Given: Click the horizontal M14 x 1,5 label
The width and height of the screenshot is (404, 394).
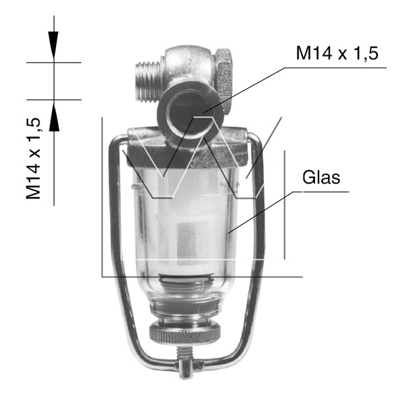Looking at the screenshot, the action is [x=337, y=53].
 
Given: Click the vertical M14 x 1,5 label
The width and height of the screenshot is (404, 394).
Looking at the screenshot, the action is [x=33, y=158].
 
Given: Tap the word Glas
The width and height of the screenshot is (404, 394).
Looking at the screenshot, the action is [x=321, y=177].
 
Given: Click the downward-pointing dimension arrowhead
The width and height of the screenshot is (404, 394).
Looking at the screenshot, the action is [x=53, y=45].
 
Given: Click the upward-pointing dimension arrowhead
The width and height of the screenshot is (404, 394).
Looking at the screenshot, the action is [x=54, y=117].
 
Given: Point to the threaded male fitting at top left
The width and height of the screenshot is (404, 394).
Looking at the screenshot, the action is [x=149, y=82].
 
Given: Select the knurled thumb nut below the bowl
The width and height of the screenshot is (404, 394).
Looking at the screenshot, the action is [x=185, y=333].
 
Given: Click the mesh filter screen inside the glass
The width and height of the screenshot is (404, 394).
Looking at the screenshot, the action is [x=193, y=244].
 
